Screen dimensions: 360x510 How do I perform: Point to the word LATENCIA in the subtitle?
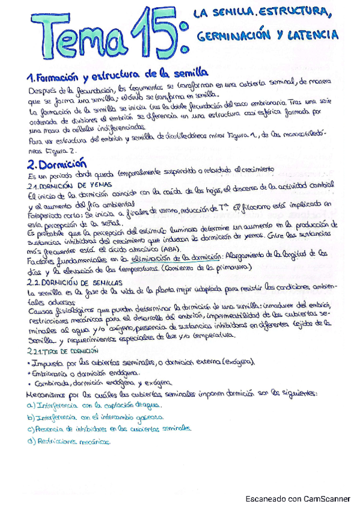[x=316, y=35]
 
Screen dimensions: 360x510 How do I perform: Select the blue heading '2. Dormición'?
[x=58, y=163]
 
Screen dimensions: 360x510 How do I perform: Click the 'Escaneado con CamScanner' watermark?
[x=298, y=499]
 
